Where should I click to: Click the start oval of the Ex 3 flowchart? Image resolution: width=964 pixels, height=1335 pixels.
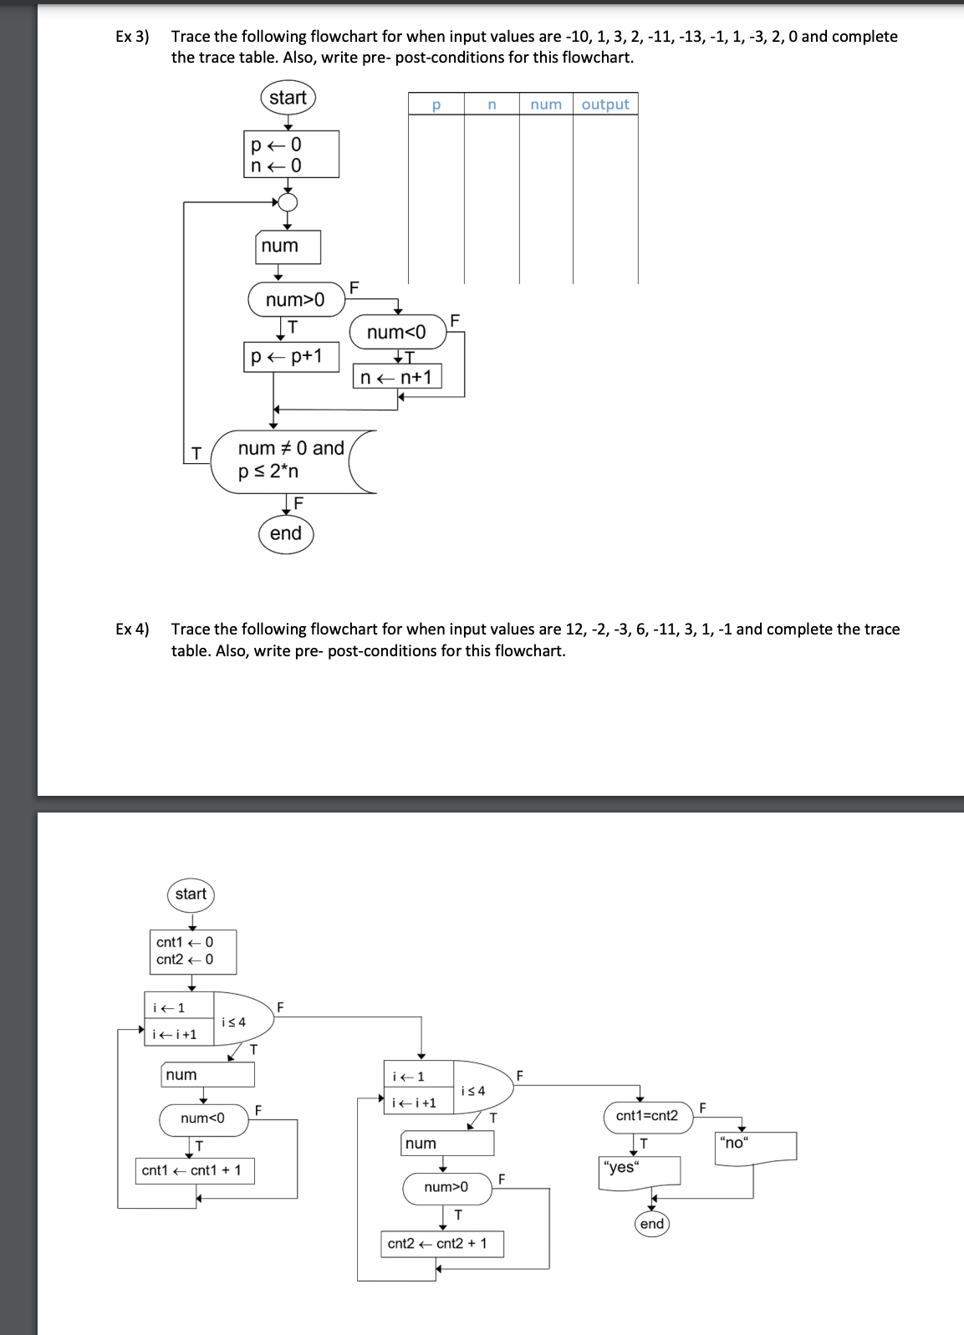coord(288,98)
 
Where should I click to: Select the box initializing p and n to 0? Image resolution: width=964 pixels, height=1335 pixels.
coord(291,155)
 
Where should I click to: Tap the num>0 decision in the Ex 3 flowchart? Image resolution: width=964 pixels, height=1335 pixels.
coord(296,299)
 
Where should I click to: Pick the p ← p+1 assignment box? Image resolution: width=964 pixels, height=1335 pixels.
coord(291,356)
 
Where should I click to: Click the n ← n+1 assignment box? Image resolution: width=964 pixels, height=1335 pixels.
coord(397,377)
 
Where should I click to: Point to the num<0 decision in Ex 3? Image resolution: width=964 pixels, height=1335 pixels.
coord(397,332)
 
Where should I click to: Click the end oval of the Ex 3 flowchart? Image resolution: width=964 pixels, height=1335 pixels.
coord(286,533)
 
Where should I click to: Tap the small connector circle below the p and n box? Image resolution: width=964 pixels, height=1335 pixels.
coord(288,202)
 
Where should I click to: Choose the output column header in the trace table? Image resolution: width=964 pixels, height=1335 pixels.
coord(605,104)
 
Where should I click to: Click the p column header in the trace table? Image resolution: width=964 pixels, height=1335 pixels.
coord(436,104)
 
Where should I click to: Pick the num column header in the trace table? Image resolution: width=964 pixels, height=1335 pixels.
coord(546,104)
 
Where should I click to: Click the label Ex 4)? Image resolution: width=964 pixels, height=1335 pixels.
coord(132,629)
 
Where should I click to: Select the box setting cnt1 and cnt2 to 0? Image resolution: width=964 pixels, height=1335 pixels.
coord(192,951)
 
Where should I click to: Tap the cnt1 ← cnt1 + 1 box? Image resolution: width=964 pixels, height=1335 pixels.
coord(194,1170)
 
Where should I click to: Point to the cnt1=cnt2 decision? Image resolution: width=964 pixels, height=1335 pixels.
coord(648,1116)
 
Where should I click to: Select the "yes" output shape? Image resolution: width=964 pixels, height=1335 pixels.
coord(640,1169)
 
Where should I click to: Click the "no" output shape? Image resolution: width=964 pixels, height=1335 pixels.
coord(755,1145)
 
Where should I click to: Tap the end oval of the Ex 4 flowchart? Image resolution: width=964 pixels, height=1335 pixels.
coord(652,1224)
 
